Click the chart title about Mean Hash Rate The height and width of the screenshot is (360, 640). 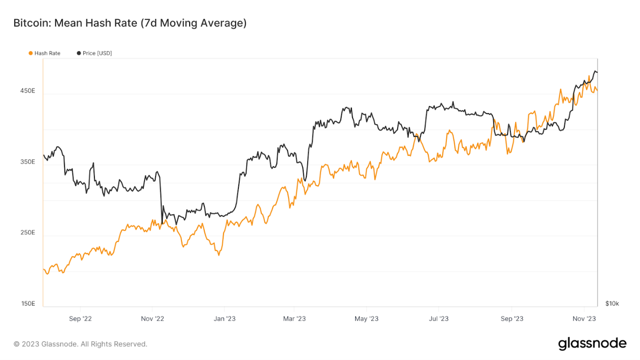tap(130, 23)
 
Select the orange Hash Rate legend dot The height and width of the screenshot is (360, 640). tap(30, 53)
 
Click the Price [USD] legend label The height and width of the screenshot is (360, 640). tap(97, 53)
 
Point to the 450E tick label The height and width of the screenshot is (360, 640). tap(27, 91)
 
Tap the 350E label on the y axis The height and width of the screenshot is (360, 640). tap(27, 162)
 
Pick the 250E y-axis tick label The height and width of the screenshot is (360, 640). tap(27, 233)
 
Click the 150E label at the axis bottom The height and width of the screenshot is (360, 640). tap(27, 304)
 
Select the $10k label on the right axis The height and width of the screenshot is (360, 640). tap(612, 304)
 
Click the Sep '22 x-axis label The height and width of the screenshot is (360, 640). tap(81, 318)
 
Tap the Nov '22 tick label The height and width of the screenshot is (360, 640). tap(153, 318)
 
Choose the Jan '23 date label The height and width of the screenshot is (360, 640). tap(225, 318)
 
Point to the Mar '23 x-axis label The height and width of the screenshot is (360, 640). tap(295, 318)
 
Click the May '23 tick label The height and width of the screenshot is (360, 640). tap(367, 318)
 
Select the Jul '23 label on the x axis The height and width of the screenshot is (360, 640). tap(439, 318)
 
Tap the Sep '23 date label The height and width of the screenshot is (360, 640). tap(512, 318)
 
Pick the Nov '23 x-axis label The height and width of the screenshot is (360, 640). tap(585, 318)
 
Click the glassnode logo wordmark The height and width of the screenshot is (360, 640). tap(592, 343)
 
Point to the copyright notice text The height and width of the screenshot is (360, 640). tap(80, 344)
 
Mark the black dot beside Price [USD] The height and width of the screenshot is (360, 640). tap(79, 53)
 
